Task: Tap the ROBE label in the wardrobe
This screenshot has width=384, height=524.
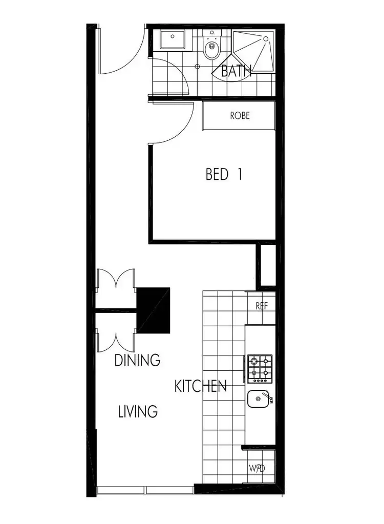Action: tap(240, 115)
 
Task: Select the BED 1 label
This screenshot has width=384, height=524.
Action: tap(224, 175)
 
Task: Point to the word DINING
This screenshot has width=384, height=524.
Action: tap(137, 360)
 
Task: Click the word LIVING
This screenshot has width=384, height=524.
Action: tap(137, 411)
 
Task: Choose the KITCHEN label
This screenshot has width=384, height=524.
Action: tap(201, 386)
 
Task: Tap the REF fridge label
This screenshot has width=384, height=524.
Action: tap(262, 306)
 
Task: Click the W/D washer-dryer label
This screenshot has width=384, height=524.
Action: tap(257, 468)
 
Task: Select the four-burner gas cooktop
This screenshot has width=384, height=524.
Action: tap(260, 369)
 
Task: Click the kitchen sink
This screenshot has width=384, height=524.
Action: tap(259, 399)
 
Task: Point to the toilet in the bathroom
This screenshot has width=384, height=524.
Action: tap(210, 48)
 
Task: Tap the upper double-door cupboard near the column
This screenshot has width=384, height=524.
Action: tap(116, 288)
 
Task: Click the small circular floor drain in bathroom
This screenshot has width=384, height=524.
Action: tap(197, 67)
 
